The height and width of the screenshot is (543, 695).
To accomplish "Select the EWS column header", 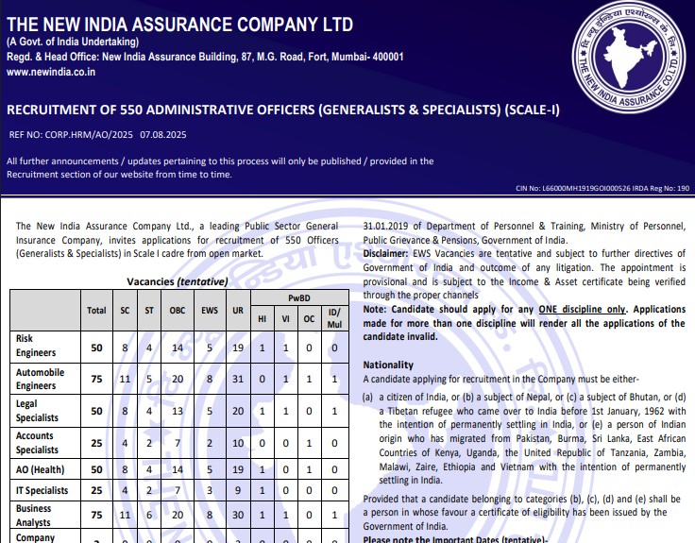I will click(x=210, y=310).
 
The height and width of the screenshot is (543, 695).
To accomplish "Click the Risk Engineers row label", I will click(x=36, y=345).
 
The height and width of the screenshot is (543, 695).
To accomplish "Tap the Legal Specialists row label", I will click(x=37, y=411).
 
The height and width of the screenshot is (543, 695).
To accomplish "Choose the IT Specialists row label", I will click(x=42, y=490).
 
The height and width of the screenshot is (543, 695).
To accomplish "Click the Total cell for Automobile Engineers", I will click(x=96, y=379).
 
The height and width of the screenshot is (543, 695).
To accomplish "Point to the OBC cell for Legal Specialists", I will click(x=178, y=411).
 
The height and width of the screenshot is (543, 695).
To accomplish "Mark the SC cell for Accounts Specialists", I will click(x=125, y=444).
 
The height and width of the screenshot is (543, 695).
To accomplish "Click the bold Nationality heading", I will click(x=388, y=365).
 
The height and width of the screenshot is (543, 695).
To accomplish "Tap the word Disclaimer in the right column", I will click(x=386, y=252).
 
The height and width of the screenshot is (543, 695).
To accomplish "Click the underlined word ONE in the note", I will click(x=550, y=310).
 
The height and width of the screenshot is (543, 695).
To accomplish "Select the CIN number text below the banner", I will click(x=602, y=189).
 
